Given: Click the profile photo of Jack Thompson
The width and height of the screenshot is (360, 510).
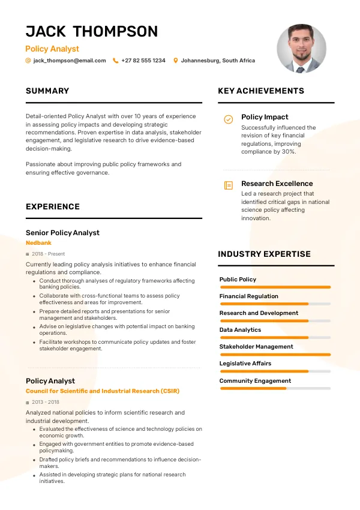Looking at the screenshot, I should click(301, 49).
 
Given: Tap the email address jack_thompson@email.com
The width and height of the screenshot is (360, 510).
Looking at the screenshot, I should click(70, 61).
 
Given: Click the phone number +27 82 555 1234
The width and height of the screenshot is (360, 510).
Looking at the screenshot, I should click(143, 61).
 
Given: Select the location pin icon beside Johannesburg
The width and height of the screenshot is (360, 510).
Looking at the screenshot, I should click(176, 61).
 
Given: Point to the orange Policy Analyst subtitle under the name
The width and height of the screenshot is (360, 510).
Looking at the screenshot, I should click(52, 49).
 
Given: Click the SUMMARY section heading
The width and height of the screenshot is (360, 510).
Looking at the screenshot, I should click(47, 91).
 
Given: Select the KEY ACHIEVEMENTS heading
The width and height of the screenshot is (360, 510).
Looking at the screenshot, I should click(261, 91).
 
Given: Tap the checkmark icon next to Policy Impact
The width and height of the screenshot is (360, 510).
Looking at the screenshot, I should click(229, 119).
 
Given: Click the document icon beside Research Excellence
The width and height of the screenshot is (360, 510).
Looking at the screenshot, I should click(229, 185).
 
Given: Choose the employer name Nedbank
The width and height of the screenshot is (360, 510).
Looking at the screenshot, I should click(38, 243).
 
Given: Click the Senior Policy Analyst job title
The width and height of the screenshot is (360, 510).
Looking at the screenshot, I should click(62, 233).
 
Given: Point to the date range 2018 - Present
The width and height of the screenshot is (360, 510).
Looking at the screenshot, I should click(49, 254).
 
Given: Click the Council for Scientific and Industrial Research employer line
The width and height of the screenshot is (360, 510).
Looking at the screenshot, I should click(103, 391).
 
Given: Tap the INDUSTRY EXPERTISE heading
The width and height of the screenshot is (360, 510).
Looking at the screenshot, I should click(264, 254).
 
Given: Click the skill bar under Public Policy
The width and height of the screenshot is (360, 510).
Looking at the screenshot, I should click(275, 287).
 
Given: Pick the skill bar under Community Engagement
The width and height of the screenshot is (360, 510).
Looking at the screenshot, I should click(275, 389).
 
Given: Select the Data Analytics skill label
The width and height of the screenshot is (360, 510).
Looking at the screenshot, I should click(240, 330).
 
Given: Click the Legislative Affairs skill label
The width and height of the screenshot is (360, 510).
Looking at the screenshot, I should click(245, 364).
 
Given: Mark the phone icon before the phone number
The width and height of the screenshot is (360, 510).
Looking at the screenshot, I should click(116, 61).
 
